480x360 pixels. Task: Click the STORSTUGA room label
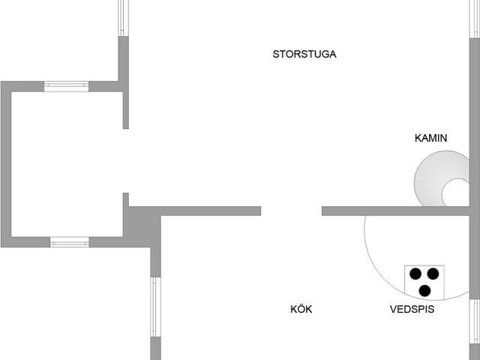click(x=304, y=54)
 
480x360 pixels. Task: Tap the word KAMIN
click(x=430, y=138)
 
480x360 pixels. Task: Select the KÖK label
click(x=301, y=308)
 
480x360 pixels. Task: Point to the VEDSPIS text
click(x=412, y=309)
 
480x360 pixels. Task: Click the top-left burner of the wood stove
click(x=415, y=274)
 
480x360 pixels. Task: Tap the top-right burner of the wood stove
click(x=433, y=274)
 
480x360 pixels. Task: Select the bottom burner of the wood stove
click(x=424, y=291)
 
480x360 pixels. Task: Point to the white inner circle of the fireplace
click(x=456, y=193)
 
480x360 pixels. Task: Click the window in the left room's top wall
click(x=67, y=86)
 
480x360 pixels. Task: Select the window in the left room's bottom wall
click(x=70, y=241)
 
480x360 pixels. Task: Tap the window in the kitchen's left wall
click(x=155, y=307)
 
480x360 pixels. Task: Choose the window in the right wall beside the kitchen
click(x=475, y=322)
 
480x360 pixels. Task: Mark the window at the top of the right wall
click(x=475, y=19)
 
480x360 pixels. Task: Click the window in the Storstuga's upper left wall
click(x=123, y=18)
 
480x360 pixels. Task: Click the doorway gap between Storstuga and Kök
click(x=291, y=211)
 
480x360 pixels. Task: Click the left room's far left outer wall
click(x=6, y=164)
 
